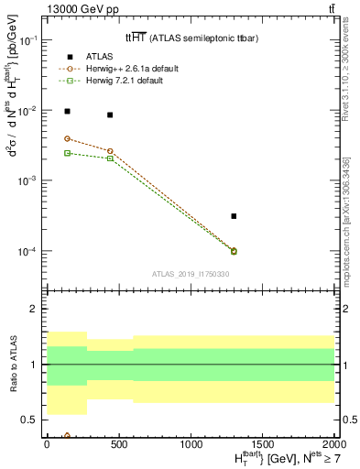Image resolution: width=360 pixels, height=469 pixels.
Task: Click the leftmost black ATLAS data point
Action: pyautogui.click(x=67, y=111)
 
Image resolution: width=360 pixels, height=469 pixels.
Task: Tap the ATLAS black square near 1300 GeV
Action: pyautogui.click(x=235, y=216)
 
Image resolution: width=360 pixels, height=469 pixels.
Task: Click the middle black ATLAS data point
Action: pyautogui.click(x=110, y=115)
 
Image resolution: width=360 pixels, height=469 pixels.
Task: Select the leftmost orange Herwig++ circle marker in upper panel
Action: pyautogui.click(x=67, y=138)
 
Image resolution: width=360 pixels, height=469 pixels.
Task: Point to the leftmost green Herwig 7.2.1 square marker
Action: pyautogui.click(x=67, y=153)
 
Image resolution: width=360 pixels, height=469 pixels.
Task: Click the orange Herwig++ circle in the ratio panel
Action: pyautogui.click(x=67, y=436)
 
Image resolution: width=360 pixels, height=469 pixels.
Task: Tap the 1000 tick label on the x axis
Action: pyautogui.click(x=191, y=444)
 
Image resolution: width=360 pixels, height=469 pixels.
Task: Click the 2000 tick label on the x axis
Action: pyautogui.click(x=334, y=444)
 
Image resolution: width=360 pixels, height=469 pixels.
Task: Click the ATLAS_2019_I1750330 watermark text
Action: pyautogui.click(x=190, y=274)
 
